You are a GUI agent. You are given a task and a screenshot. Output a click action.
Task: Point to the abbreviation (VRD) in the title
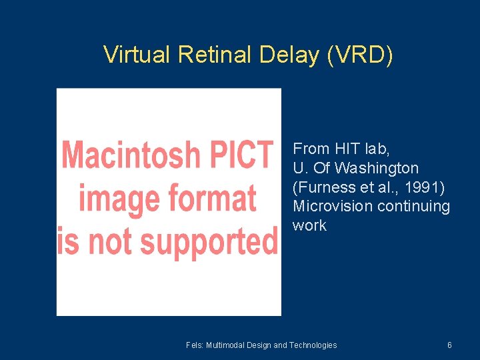click(x=360, y=55)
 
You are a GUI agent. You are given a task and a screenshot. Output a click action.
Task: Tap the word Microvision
click(x=333, y=207)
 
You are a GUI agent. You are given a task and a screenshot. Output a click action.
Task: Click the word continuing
click(x=414, y=207)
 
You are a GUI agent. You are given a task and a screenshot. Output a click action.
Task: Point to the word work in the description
click(x=309, y=226)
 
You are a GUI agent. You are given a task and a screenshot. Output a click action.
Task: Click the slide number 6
click(x=449, y=345)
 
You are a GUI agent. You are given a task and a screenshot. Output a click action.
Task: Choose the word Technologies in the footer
click(x=313, y=345)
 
